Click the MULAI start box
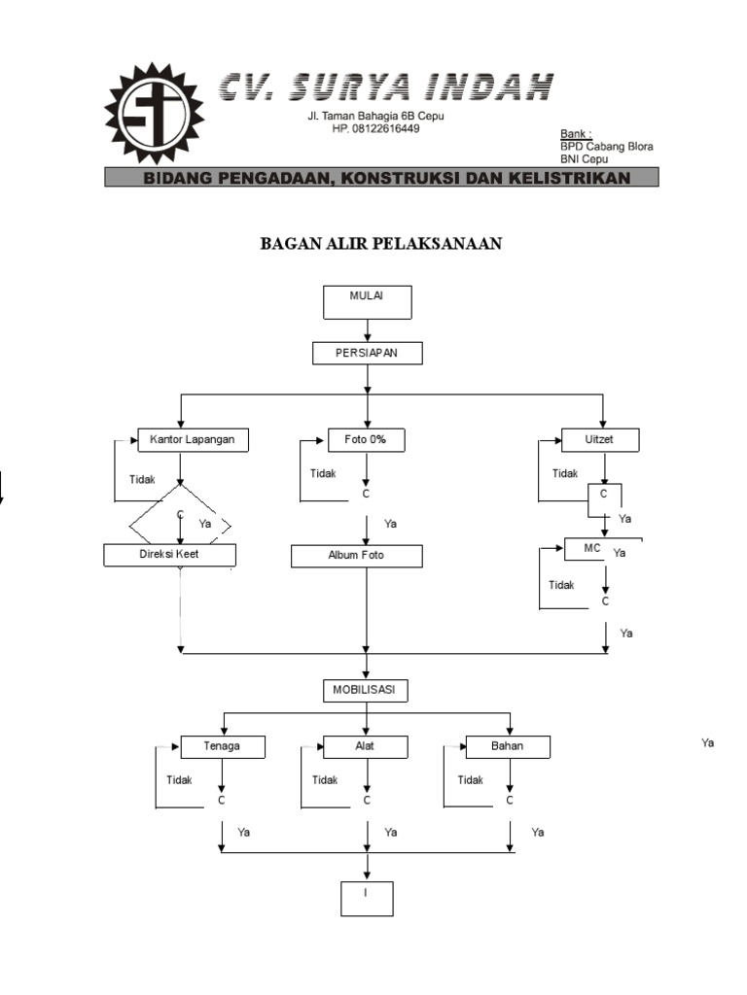(x=367, y=301)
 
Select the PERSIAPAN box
(x=367, y=353)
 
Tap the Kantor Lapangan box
(x=193, y=440)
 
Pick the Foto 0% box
(x=366, y=440)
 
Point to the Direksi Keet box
(x=169, y=555)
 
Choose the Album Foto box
(x=356, y=556)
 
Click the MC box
(x=593, y=549)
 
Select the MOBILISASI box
(x=365, y=691)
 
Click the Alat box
(x=366, y=747)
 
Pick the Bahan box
(x=508, y=747)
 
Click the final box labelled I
(x=367, y=899)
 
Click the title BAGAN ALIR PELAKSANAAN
(x=380, y=244)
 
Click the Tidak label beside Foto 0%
(x=323, y=473)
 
